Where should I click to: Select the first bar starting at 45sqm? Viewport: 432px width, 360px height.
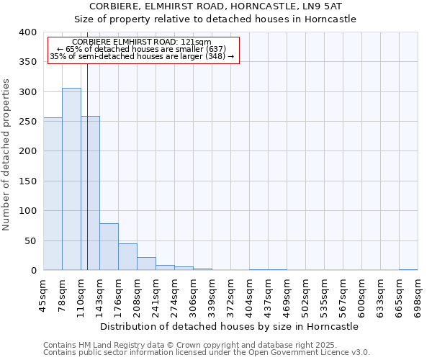(x=53, y=194)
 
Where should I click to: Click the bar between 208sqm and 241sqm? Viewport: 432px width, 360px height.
(x=146, y=264)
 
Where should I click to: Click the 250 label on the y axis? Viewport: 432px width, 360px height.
(x=27, y=122)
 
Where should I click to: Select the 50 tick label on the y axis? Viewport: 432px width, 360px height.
(x=30, y=241)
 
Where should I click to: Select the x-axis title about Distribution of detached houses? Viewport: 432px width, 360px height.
(x=229, y=326)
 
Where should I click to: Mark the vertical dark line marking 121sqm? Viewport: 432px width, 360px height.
(x=87, y=166)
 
